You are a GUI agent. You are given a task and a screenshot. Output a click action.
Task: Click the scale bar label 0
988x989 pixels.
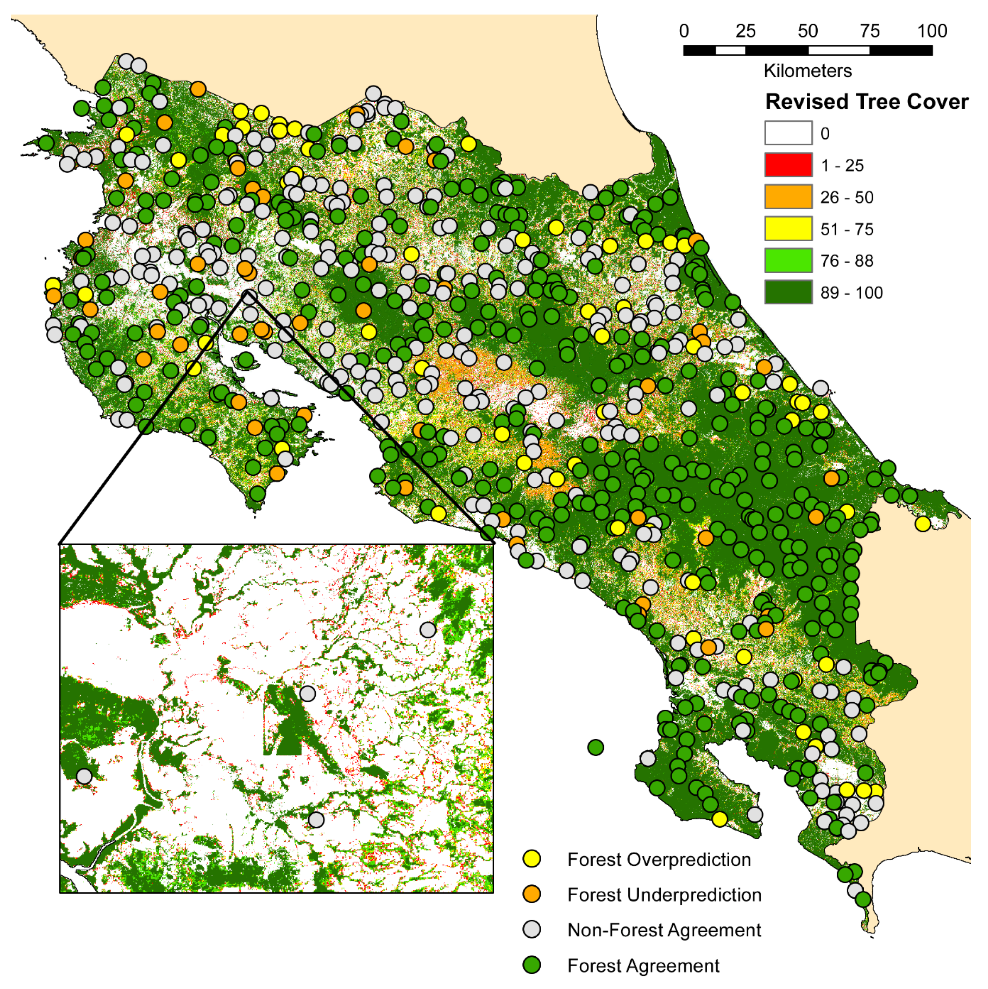pos(684,31)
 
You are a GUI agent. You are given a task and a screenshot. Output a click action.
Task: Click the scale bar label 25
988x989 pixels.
pos(745,31)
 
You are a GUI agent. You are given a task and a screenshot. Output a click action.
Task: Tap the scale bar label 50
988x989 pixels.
pos(808,31)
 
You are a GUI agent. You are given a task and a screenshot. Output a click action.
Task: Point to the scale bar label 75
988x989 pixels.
pos(870,31)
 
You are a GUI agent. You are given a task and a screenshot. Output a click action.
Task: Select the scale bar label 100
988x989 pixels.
pos(932,31)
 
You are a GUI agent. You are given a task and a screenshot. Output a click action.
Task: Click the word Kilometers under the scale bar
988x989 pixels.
pos(808,71)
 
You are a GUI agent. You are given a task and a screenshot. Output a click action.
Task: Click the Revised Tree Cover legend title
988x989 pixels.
pos(867,102)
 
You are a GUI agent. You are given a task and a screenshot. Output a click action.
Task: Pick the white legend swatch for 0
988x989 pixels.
pos(788,133)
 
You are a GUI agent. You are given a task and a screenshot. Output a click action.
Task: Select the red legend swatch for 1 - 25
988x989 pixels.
pos(788,165)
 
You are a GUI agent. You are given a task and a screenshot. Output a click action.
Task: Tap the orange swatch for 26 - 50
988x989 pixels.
pos(788,197)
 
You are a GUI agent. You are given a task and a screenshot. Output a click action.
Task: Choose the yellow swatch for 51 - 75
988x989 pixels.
pos(788,228)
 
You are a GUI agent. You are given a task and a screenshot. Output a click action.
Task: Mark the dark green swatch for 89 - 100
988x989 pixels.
pos(788,292)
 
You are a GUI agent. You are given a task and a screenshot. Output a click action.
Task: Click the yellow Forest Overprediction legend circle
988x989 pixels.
pos(532,858)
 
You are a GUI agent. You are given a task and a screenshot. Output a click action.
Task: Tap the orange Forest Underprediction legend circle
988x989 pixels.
pos(532,894)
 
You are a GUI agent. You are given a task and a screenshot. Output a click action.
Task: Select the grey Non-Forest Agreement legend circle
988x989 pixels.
pos(532,929)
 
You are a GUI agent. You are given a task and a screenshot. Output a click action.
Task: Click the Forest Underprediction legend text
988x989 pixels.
pos(664,894)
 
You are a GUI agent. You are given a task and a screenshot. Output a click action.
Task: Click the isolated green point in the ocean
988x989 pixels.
pos(595,747)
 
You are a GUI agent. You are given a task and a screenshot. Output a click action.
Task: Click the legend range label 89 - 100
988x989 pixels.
pos(851,293)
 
